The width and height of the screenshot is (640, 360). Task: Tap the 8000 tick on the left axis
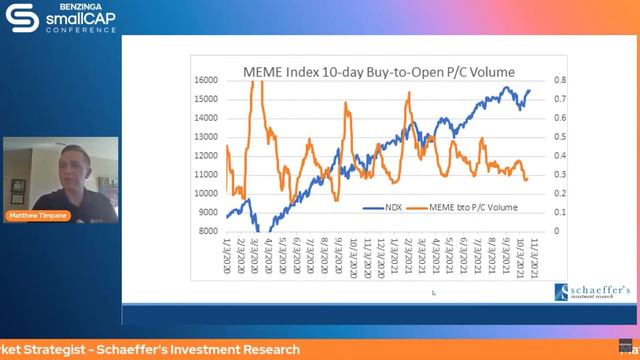(x=207, y=231)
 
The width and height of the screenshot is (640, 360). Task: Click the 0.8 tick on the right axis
(x=562, y=80)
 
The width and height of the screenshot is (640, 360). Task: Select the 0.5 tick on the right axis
(x=562, y=137)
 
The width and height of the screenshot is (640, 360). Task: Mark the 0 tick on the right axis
(x=558, y=231)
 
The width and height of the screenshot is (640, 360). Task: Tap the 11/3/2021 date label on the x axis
(x=547, y=258)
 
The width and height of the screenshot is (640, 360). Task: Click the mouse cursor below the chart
(x=433, y=293)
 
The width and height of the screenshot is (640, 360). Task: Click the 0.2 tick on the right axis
(x=562, y=193)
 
